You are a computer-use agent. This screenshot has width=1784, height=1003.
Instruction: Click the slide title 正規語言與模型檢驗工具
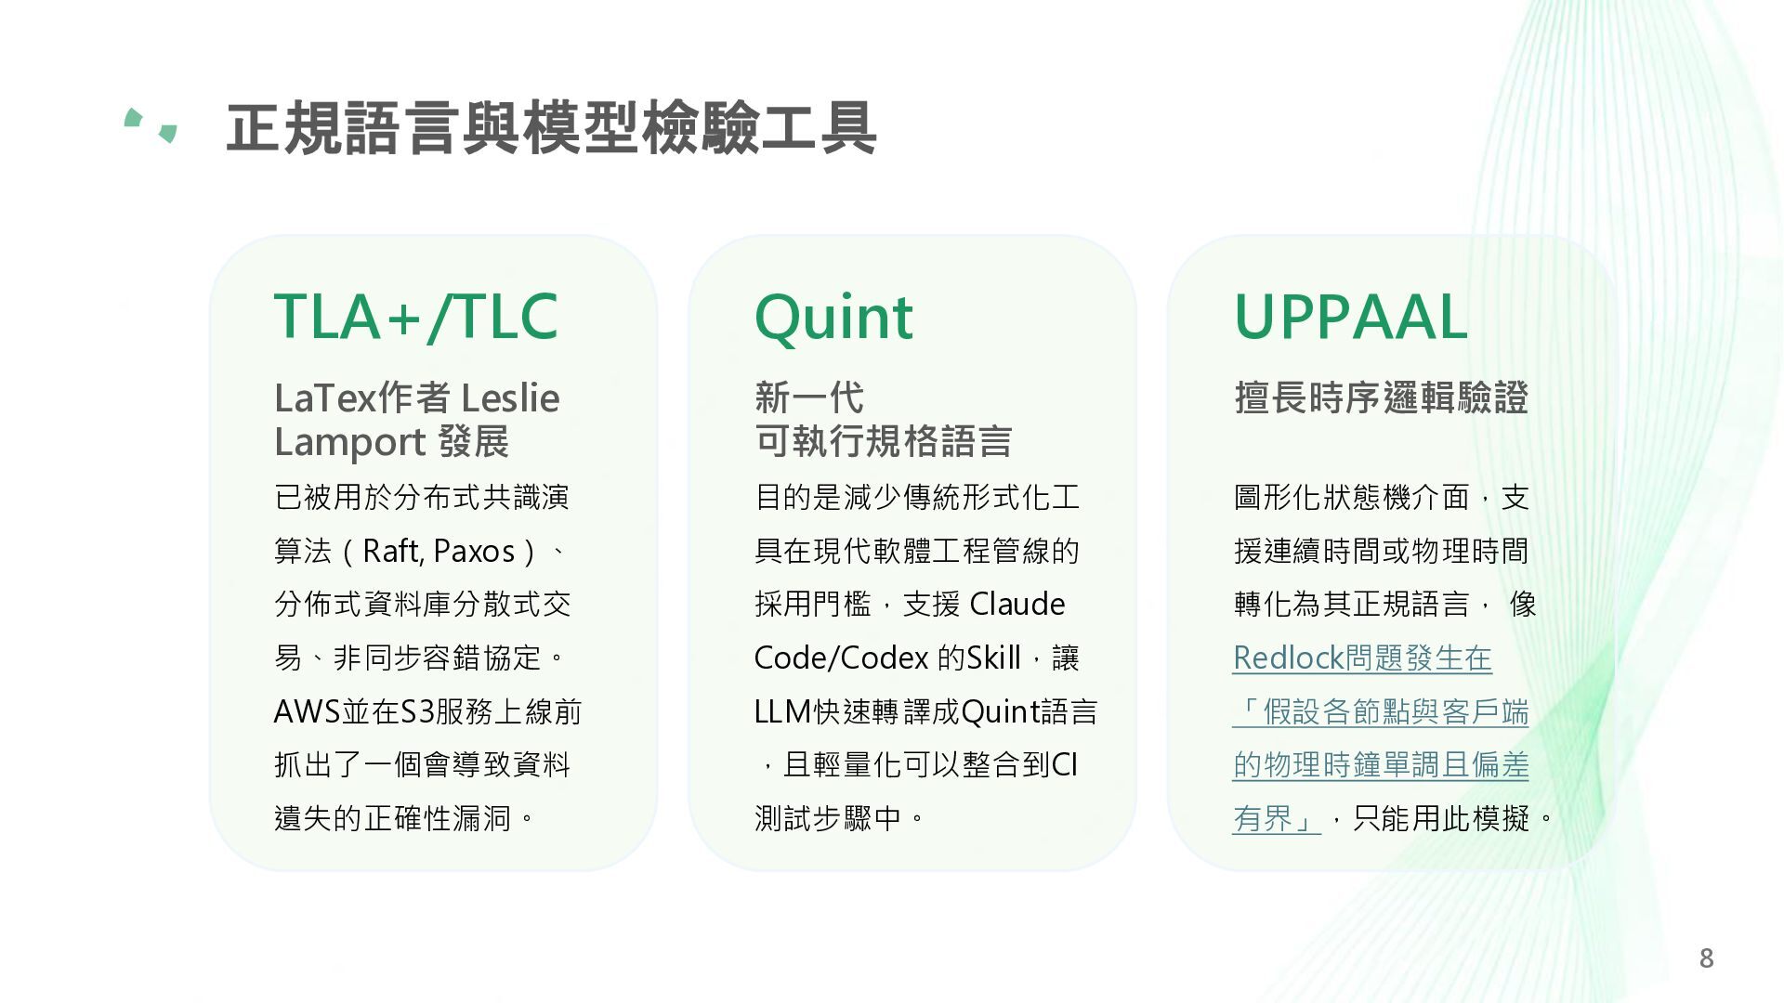[551, 128]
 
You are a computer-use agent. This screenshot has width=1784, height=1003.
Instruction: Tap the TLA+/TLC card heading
[415, 317]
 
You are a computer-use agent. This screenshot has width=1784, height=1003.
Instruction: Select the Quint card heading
[833, 318]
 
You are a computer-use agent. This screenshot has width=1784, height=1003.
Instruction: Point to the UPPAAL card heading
[1350, 317]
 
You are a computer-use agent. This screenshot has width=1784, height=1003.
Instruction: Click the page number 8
[1706, 958]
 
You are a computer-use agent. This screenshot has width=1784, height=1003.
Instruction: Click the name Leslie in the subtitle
[510, 397]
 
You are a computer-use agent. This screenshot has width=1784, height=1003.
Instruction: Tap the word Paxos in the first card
[474, 552]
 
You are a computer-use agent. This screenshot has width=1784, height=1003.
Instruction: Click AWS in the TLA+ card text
[308, 711]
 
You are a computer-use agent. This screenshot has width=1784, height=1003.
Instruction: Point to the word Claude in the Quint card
[1017, 604]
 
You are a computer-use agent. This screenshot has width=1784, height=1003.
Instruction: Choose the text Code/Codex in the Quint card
[841, 658]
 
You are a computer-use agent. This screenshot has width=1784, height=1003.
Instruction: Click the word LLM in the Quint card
[783, 711]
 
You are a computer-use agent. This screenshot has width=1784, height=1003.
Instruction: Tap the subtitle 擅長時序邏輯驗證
[1381, 397]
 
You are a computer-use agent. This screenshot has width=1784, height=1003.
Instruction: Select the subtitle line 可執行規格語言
[883, 441]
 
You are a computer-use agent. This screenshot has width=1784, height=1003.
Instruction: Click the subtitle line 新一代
[809, 397]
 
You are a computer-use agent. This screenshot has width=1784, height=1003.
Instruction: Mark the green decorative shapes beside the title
[151, 125]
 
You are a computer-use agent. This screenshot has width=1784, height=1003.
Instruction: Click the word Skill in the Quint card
[993, 658]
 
